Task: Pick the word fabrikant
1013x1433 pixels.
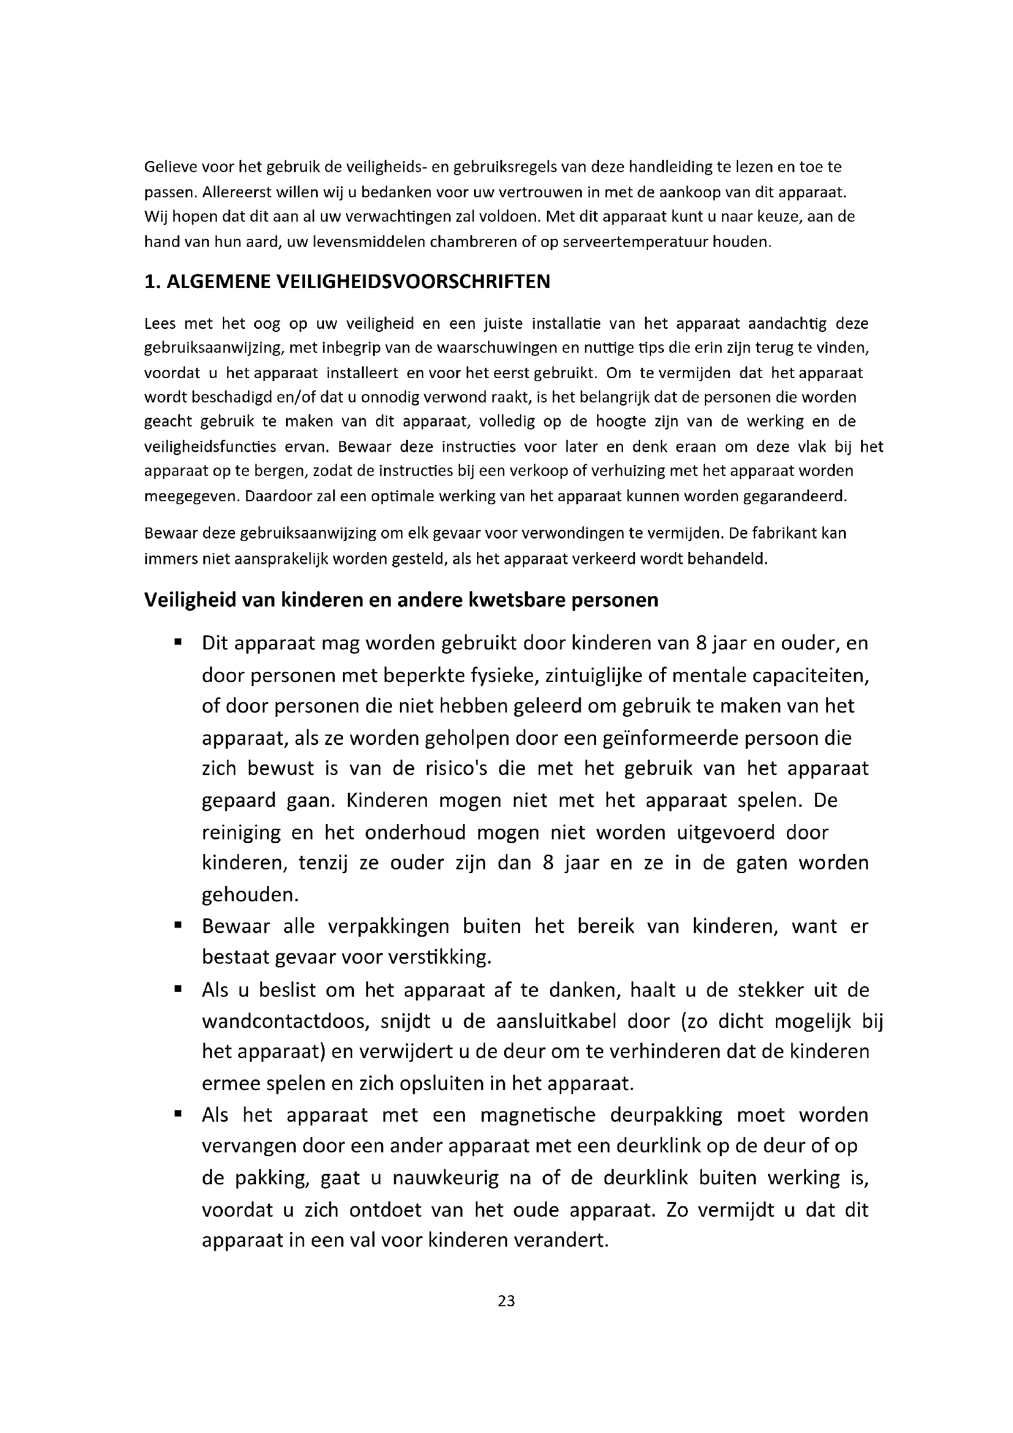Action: [786, 534]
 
